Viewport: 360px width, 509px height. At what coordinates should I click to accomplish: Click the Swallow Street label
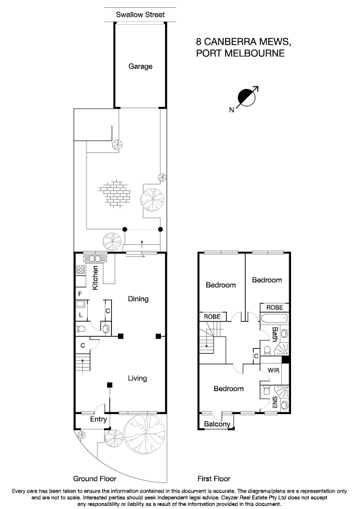tap(140, 15)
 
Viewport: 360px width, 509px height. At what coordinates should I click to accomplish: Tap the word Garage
tap(140, 66)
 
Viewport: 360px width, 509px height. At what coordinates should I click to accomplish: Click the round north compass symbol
tap(246, 97)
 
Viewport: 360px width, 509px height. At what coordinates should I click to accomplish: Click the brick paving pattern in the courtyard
tap(114, 193)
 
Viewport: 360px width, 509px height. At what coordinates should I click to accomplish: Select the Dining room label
tap(138, 299)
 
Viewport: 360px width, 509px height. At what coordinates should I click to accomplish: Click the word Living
tap(137, 378)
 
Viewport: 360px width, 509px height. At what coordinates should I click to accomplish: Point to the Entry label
tap(98, 420)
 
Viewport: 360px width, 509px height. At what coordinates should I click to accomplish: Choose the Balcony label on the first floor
tap(217, 424)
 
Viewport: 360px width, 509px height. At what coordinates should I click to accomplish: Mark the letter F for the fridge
tap(79, 294)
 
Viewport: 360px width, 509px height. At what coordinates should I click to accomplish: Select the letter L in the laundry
tap(80, 314)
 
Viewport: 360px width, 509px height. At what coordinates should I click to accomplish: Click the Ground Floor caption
tap(91, 478)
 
